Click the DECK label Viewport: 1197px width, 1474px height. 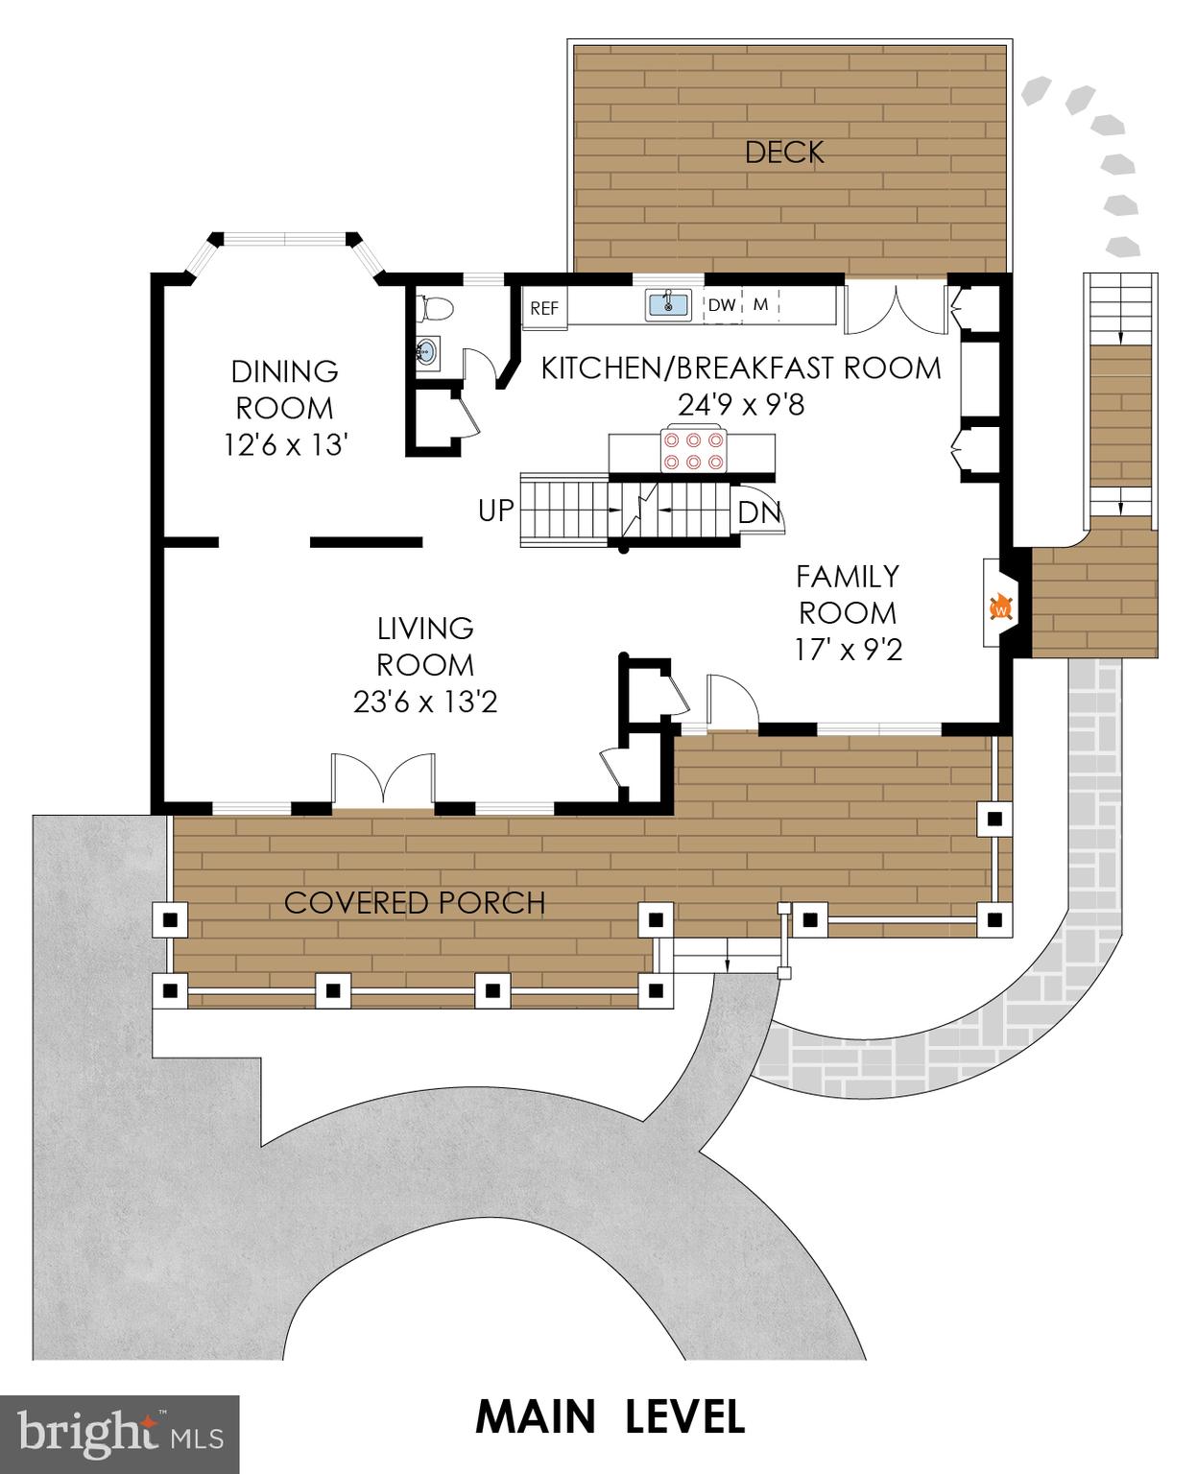(x=784, y=152)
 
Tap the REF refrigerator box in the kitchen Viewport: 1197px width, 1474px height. (x=544, y=308)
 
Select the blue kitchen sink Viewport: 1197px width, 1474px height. (x=668, y=304)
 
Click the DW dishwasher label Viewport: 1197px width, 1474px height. (x=722, y=305)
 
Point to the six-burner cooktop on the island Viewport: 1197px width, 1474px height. (x=691, y=451)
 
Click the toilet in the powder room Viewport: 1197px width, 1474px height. (x=435, y=309)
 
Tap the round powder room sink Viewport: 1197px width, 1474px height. (x=428, y=352)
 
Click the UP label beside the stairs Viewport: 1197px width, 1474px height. (x=496, y=511)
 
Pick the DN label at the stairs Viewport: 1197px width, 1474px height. (x=759, y=512)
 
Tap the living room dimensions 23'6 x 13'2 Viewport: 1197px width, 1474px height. (x=424, y=702)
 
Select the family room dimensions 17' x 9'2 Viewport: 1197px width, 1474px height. (x=848, y=650)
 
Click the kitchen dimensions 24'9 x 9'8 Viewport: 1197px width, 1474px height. (x=741, y=405)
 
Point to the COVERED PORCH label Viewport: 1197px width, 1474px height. (x=415, y=903)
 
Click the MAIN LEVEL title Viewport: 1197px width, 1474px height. (x=610, y=1416)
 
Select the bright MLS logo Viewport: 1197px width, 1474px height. (x=120, y=1434)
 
